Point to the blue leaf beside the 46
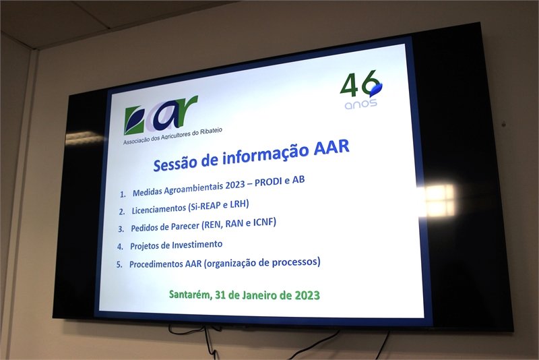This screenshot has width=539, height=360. click(376, 89)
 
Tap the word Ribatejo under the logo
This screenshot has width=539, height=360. click(212, 131)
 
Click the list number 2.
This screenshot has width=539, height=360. click(122, 212)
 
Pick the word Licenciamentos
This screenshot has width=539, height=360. click(158, 208)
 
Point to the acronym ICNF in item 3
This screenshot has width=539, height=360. click(265, 222)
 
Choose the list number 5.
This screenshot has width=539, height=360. click(119, 265)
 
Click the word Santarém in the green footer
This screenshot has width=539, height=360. click(191, 295)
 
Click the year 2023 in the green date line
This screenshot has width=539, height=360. click(307, 296)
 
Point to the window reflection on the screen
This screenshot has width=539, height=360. click(437, 200)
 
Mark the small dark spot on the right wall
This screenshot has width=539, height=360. click(504, 123)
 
